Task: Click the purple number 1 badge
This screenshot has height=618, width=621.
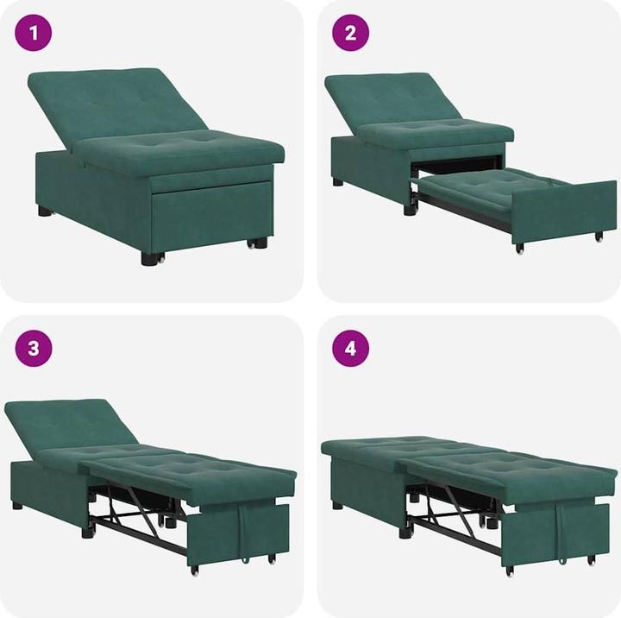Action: (x=34, y=34)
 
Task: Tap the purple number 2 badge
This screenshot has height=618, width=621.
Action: (x=351, y=34)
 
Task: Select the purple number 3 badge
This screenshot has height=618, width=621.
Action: (x=34, y=349)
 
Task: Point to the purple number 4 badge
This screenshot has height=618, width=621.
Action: (x=351, y=349)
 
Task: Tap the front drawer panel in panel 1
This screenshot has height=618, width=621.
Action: (x=211, y=216)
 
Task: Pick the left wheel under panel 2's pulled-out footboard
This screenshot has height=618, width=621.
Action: (x=519, y=249)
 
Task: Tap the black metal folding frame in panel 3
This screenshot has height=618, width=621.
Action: (x=138, y=518)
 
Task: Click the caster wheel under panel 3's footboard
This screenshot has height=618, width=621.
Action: (x=194, y=570)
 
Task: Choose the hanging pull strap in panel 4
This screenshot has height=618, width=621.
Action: (x=561, y=528)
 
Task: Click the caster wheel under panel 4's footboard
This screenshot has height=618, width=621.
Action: (x=510, y=571)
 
